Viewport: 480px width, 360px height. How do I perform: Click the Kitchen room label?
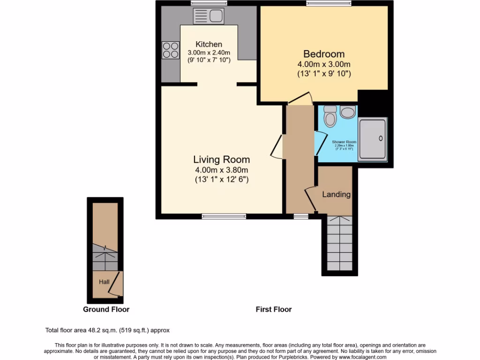click(x=209, y=45)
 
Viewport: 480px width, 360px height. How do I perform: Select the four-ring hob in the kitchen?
click(x=171, y=50)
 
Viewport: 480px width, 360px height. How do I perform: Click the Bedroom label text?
click(x=323, y=54)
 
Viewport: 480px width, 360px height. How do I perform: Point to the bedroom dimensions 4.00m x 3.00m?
click(x=323, y=64)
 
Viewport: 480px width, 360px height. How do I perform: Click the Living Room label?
click(x=222, y=160)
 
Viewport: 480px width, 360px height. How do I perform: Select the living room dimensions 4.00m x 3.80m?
click(x=222, y=170)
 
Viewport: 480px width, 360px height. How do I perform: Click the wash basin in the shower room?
click(x=348, y=112)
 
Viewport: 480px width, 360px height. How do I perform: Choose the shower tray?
click(x=373, y=139)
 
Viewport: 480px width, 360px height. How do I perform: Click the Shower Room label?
click(x=344, y=142)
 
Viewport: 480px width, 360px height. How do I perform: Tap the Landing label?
click(x=336, y=194)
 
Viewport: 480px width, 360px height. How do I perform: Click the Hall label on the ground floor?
click(x=104, y=282)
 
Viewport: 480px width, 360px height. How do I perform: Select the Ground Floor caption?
click(x=106, y=309)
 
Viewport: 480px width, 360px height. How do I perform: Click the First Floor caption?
click(x=273, y=309)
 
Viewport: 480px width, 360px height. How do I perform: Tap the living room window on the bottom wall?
click(x=224, y=216)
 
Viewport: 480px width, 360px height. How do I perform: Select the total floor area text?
click(x=111, y=330)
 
